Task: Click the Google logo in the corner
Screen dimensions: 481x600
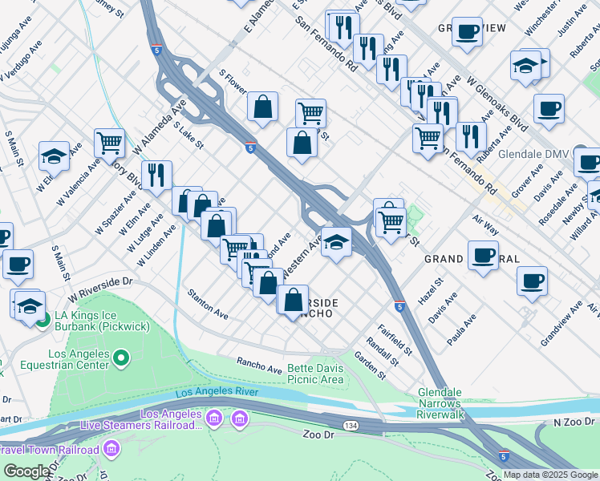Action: tap(26, 471)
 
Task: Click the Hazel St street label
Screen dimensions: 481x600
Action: tap(429, 288)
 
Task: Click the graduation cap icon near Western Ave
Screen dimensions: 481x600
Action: tap(337, 241)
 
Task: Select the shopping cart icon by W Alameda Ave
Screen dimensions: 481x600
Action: tap(109, 143)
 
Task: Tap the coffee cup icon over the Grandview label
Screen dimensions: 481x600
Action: tap(467, 32)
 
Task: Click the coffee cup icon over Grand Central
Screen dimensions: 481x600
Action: tap(484, 254)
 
